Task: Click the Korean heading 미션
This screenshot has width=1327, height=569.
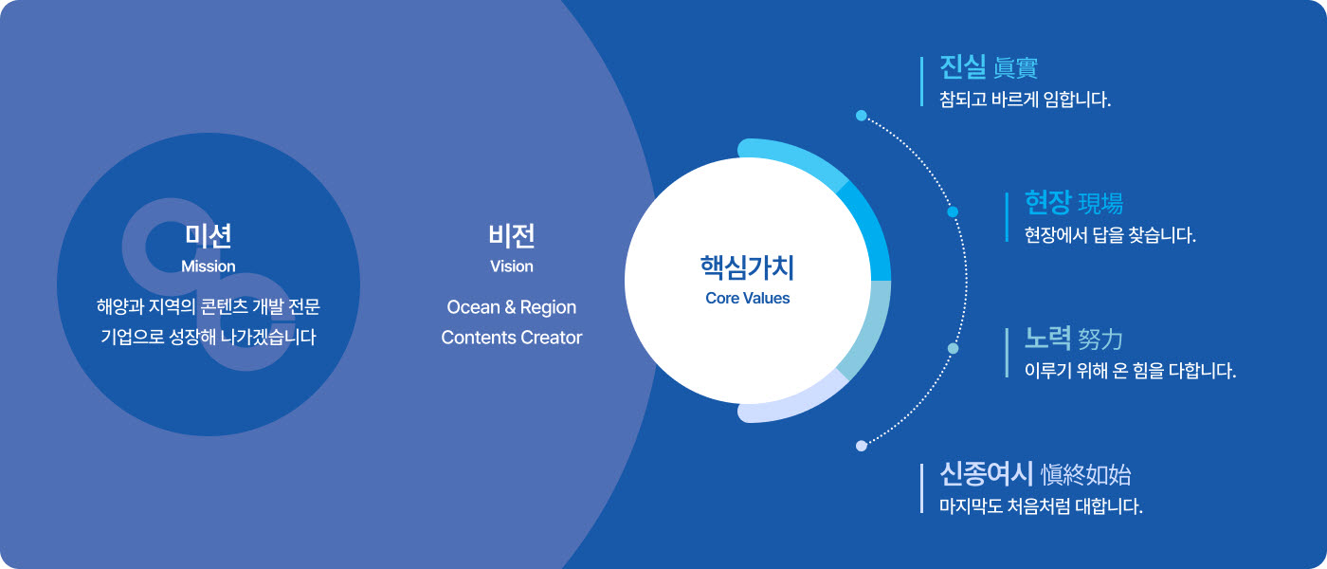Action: (208, 236)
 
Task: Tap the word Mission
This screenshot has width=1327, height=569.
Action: (208, 266)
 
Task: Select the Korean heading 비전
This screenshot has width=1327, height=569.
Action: (512, 236)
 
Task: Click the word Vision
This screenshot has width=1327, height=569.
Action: (512, 266)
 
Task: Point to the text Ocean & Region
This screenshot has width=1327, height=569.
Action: (511, 307)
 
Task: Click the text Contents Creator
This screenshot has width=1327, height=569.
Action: (511, 338)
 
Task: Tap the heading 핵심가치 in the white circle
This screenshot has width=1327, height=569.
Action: (747, 267)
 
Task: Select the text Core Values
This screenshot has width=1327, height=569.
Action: (747, 298)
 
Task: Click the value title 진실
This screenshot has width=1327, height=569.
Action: (963, 67)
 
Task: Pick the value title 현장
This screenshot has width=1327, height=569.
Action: (1048, 203)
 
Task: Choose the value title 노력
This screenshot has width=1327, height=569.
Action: (1048, 339)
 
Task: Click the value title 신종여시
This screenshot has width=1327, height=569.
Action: (987, 473)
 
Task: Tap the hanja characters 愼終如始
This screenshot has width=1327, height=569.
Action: (1086, 475)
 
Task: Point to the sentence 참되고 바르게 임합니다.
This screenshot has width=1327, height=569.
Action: (1025, 99)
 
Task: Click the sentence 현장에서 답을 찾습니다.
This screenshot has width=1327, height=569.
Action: (1110, 235)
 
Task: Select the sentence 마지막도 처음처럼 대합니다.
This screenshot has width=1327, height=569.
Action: (1041, 506)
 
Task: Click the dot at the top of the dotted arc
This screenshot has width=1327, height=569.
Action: (862, 116)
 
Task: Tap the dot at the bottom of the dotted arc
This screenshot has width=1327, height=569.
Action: (862, 446)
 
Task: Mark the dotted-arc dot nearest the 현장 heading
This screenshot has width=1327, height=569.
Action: (953, 211)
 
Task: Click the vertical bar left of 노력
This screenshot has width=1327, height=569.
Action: (1007, 352)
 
